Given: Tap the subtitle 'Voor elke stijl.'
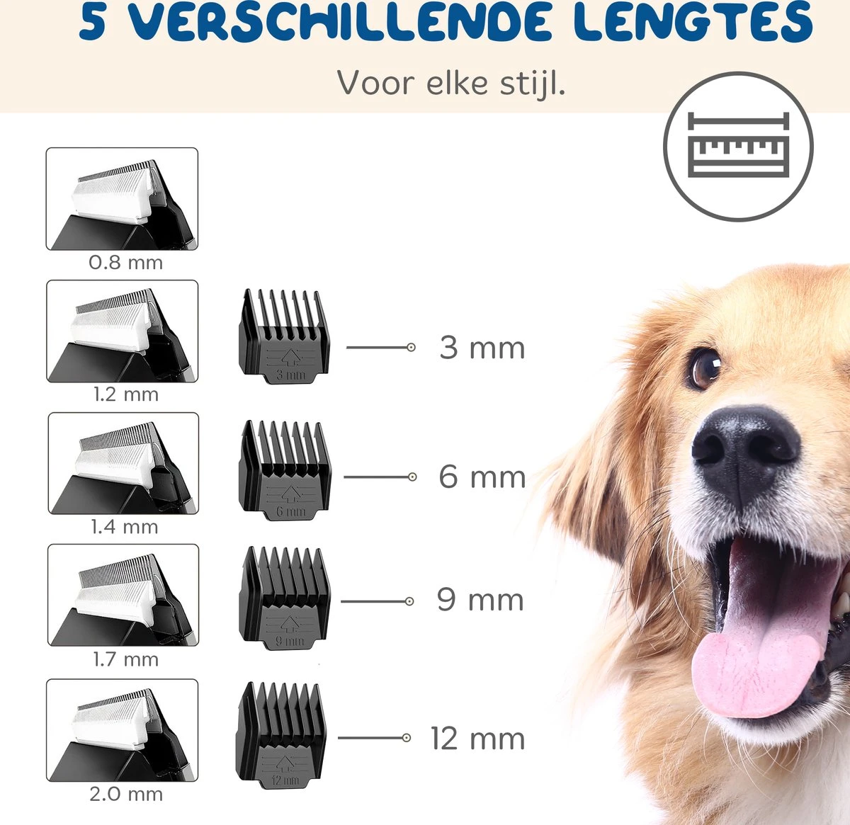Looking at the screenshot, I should coord(450,83).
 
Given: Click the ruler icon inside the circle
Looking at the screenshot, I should coord(738,147).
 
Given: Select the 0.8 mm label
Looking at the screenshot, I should coord(125,263).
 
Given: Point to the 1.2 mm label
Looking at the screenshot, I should coord(125,394).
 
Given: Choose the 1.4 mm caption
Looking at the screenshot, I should coord(124,527).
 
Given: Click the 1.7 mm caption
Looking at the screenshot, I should coord(125,659).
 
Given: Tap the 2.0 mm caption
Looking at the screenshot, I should coord(125,794).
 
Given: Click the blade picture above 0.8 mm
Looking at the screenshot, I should coord(122,199).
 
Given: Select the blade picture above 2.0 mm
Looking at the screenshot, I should coord(122,730).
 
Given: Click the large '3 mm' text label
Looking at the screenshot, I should coord(482,348).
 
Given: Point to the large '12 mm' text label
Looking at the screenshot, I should coord(477,739).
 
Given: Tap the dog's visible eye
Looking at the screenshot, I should coord(703,368).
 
